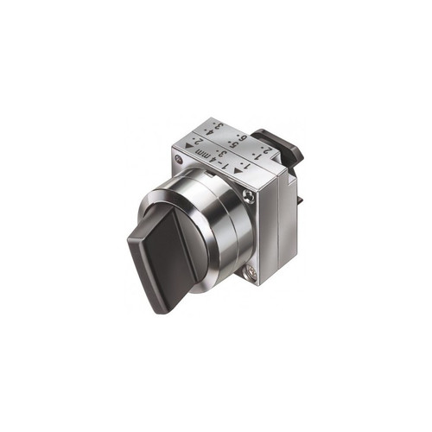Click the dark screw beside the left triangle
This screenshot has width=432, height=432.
[x=179, y=160]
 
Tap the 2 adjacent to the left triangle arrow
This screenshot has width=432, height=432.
[x=196, y=141]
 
